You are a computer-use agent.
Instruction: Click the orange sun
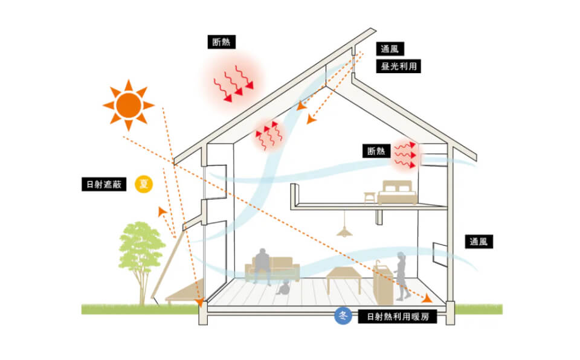128,105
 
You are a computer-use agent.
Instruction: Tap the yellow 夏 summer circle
143,183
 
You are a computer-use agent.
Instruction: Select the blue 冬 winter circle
343,315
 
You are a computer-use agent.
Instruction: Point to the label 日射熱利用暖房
397,316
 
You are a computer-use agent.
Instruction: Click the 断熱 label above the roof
221,42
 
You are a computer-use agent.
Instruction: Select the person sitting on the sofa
262,265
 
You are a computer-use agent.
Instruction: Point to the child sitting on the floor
282,288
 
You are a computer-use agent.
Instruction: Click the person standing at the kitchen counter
401,275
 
